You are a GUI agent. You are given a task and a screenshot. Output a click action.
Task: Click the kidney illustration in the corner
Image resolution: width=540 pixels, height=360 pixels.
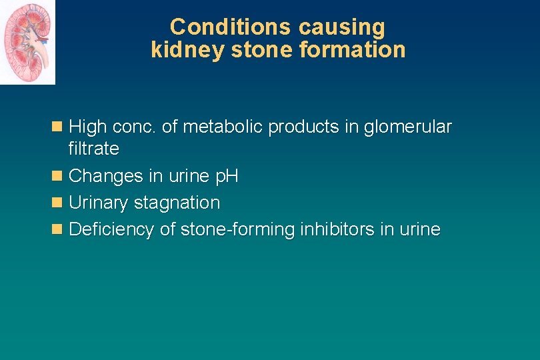pyautogui.click(x=27, y=43)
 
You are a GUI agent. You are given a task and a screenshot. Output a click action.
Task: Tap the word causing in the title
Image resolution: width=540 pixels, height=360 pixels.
pyautogui.click(x=342, y=27)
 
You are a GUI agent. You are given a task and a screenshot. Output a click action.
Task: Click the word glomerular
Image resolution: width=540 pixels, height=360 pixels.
pyautogui.click(x=407, y=127)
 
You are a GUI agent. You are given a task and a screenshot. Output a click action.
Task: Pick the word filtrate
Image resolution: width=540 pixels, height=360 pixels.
pyautogui.click(x=93, y=149)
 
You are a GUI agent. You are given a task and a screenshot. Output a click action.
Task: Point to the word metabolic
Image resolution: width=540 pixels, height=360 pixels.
pyautogui.click(x=223, y=127)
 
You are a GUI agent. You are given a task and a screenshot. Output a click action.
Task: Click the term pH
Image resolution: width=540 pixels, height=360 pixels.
pyautogui.click(x=225, y=177)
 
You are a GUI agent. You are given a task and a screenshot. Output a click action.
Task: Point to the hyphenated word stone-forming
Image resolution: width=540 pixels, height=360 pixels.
pyautogui.click(x=238, y=230)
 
